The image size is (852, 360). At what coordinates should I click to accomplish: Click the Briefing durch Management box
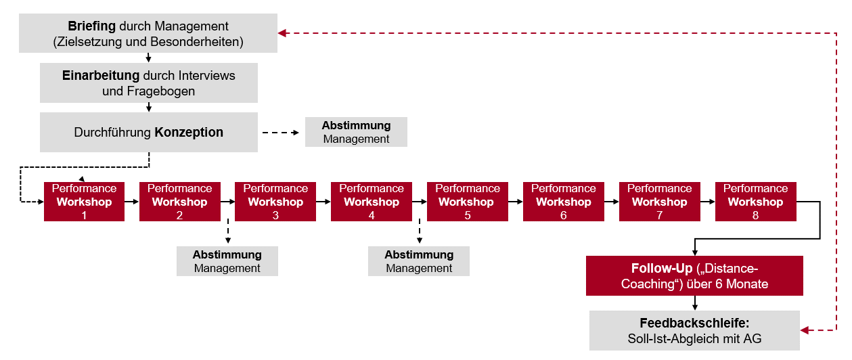pos(148,34)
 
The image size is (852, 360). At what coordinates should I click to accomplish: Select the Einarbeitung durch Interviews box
pos(148,83)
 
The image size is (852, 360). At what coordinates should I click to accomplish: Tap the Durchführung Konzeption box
pos(148,132)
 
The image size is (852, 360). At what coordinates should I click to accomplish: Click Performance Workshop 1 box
pos(84,202)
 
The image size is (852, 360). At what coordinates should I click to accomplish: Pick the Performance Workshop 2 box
pos(179,202)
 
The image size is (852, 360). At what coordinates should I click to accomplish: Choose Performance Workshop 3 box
pos(275,202)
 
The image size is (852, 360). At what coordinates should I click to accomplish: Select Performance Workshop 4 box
pos(371,202)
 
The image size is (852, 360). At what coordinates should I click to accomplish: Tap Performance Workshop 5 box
pos(467,202)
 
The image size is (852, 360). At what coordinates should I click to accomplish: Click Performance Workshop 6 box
pos(563,202)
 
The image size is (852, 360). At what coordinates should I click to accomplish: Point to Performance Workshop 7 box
pos(659,202)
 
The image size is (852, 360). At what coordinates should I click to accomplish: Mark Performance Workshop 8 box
pos(755,202)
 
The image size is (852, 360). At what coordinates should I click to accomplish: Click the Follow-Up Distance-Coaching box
pos(694,276)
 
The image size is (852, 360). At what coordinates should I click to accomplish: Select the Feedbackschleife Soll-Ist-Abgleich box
pos(694,330)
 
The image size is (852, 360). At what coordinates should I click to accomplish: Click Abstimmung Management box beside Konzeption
pos(356,132)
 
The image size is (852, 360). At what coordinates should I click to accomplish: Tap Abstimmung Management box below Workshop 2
pos(227,261)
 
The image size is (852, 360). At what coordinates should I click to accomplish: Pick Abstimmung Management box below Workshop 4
pos(418,261)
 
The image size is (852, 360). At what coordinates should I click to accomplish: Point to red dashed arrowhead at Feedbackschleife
pos(805,330)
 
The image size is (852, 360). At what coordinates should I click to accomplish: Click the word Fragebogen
pos(148,91)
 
